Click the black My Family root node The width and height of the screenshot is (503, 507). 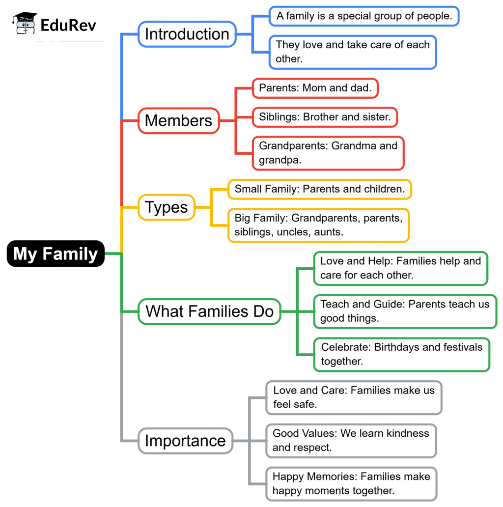coord(56,253)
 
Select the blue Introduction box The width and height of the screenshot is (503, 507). coord(187,34)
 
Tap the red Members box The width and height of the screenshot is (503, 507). coord(179,120)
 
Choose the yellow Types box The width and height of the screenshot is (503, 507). coord(167,207)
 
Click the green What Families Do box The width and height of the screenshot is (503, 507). coord(209,311)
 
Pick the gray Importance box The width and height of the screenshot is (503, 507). coord(185,441)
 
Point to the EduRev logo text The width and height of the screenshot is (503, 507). coord(68,25)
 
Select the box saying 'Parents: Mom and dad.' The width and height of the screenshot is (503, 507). coord(316,88)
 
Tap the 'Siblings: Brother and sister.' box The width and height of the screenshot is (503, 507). coord(325,117)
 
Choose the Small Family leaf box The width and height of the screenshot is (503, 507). coord(319,189)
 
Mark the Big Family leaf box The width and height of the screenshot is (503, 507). coord(318,225)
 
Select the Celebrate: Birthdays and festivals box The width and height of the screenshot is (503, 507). coord(402,354)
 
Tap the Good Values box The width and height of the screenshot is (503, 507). coord(351,440)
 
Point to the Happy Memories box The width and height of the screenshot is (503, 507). coord(351,483)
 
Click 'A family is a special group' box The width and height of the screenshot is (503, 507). coord(364,16)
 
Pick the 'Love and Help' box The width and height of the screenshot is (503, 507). coord(400,268)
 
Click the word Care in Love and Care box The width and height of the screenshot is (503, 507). coord(334,391)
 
